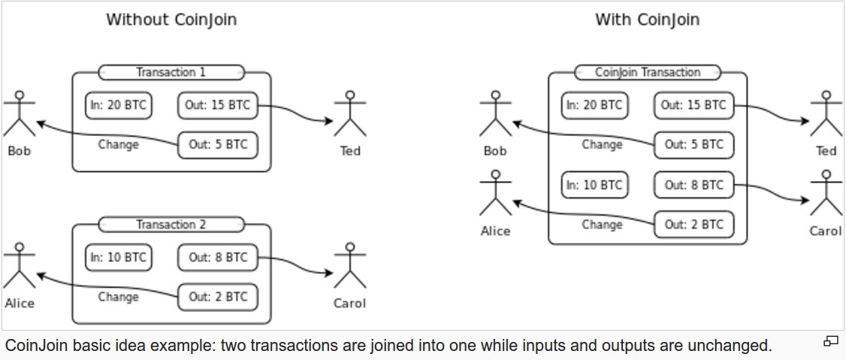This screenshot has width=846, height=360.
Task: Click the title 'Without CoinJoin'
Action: click(x=171, y=20)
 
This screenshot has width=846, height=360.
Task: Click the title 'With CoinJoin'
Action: click(x=648, y=20)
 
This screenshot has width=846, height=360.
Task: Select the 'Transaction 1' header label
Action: click(x=171, y=72)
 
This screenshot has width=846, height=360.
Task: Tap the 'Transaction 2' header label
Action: click(x=171, y=225)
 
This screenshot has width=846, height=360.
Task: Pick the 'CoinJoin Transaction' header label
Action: click(x=648, y=72)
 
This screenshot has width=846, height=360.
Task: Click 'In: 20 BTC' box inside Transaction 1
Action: click(x=119, y=106)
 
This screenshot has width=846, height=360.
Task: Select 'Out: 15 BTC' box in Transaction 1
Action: click(x=217, y=106)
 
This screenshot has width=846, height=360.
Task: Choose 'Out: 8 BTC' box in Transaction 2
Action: click(x=217, y=258)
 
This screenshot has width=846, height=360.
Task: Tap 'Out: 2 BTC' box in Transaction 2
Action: click(x=217, y=297)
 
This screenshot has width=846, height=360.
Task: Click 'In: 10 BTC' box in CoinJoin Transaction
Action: click(x=594, y=185)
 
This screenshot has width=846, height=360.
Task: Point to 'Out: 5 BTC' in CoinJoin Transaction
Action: click(x=693, y=145)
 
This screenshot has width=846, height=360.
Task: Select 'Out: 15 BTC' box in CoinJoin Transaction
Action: click(x=693, y=106)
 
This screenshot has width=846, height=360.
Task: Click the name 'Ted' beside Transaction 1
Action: click(x=350, y=150)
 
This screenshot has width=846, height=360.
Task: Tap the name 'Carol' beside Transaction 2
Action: click(x=350, y=304)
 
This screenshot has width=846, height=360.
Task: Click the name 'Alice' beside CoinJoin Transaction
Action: click(x=495, y=231)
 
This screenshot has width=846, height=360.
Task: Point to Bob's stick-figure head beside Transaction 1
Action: click(x=20, y=95)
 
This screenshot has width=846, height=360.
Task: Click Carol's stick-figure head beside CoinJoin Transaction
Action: click(x=826, y=174)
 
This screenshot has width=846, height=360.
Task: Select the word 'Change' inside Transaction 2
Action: click(x=118, y=297)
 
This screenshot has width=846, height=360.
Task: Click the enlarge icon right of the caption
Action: click(x=829, y=341)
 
